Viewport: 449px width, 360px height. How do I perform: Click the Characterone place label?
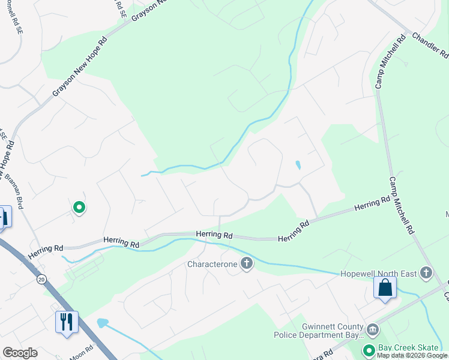[x=212, y=264]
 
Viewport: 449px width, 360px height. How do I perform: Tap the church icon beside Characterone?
[x=246, y=263]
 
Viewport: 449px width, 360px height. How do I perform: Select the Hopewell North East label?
[x=379, y=274]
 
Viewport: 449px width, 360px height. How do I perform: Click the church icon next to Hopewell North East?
[x=426, y=274]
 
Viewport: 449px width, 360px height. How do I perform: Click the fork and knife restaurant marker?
[x=67, y=322]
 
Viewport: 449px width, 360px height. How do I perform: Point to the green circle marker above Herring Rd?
[x=79, y=208]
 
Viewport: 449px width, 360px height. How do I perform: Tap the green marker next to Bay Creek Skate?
[x=369, y=349]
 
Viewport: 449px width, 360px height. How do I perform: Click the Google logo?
[x=20, y=353]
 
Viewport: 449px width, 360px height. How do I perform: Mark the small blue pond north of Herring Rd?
[x=298, y=165]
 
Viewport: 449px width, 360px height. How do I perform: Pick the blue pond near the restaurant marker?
[x=102, y=323]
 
